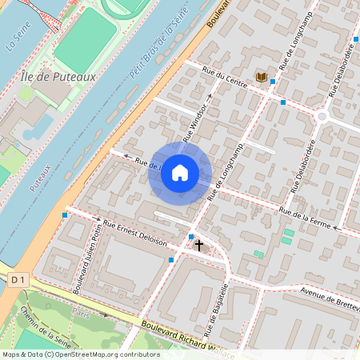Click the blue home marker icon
(180, 173)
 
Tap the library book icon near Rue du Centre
(261, 77)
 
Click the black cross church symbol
(198, 246)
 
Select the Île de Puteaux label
(55, 77)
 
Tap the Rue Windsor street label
(199, 122)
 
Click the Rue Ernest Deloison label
(135, 231)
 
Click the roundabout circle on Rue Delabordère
(322, 116)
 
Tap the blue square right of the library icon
(274, 82)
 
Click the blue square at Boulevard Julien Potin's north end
(65, 214)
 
